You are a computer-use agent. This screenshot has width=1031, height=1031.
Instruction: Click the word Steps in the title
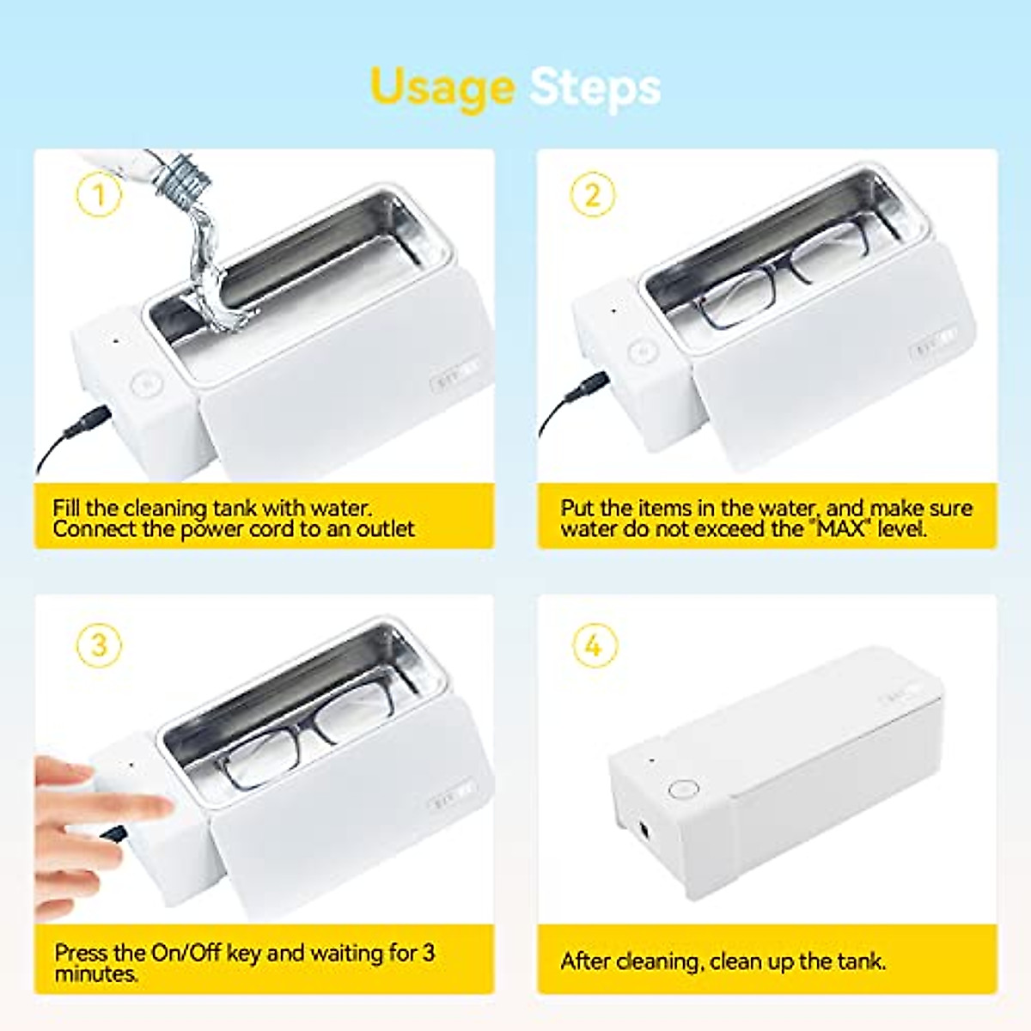point(595,88)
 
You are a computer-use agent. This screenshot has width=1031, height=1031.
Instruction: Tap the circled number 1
point(99,196)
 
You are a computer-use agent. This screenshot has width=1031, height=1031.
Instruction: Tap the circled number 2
point(593,195)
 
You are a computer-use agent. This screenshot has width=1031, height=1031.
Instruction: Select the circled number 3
point(99,644)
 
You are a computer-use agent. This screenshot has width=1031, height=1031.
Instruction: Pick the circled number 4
point(594,644)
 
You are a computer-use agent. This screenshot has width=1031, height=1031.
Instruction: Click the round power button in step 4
point(683,790)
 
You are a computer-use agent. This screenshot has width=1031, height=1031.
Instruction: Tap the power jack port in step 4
point(642,831)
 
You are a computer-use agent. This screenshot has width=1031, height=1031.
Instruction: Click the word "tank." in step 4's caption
point(859,961)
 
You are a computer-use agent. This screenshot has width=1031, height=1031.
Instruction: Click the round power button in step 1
point(147,384)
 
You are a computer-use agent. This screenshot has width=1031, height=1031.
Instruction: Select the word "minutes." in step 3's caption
point(96,974)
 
